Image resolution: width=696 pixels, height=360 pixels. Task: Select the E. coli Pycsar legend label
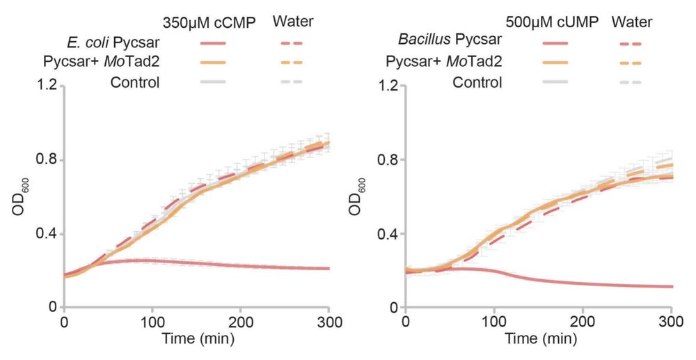click(113, 43)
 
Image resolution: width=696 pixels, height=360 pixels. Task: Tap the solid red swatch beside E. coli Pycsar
click(216, 43)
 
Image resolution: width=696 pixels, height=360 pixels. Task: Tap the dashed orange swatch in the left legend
click(292, 63)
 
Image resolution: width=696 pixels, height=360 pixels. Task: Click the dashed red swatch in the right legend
click(630, 43)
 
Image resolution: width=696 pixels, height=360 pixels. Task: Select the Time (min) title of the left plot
click(197, 340)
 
